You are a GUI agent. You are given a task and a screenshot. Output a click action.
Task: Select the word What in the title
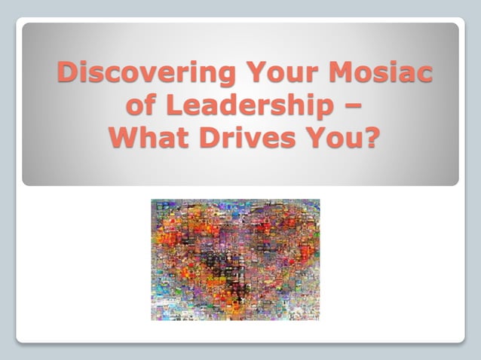146,139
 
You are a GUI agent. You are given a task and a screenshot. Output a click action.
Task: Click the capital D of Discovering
69,73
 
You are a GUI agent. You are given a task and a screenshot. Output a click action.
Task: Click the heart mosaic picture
235,259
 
